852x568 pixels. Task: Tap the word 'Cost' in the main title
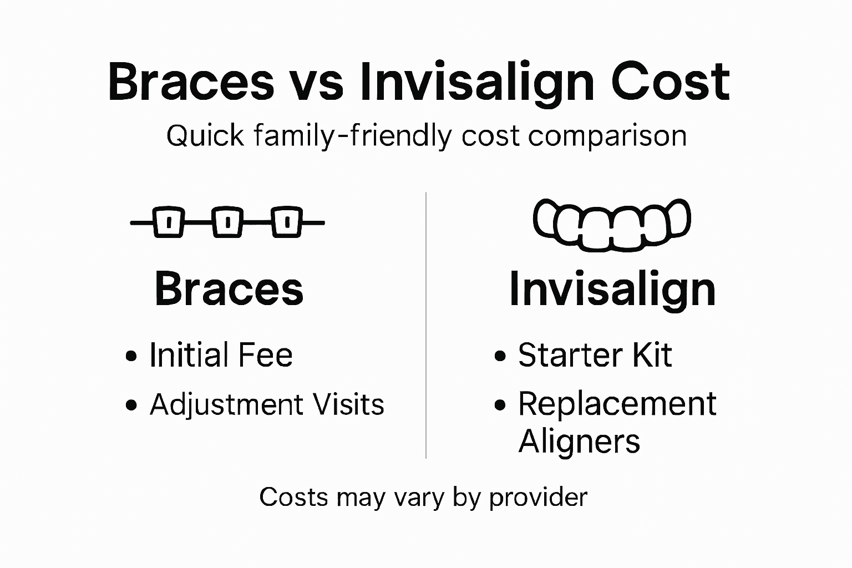pyautogui.click(x=670, y=83)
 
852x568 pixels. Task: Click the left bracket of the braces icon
pyautogui.click(x=168, y=222)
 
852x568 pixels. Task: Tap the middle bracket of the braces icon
pyautogui.click(x=227, y=222)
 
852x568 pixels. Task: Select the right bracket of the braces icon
pyautogui.click(x=286, y=222)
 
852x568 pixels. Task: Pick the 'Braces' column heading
pyautogui.click(x=229, y=289)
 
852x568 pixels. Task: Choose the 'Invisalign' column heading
pyautogui.click(x=612, y=289)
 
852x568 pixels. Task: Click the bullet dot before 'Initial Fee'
pyautogui.click(x=131, y=356)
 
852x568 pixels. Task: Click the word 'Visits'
pyautogui.click(x=348, y=404)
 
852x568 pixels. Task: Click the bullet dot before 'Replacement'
pyautogui.click(x=500, y=405)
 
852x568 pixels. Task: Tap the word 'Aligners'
pyautogui.click(x=579, y=442)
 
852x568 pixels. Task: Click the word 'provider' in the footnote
pyautogui.click(x=537, y=498)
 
